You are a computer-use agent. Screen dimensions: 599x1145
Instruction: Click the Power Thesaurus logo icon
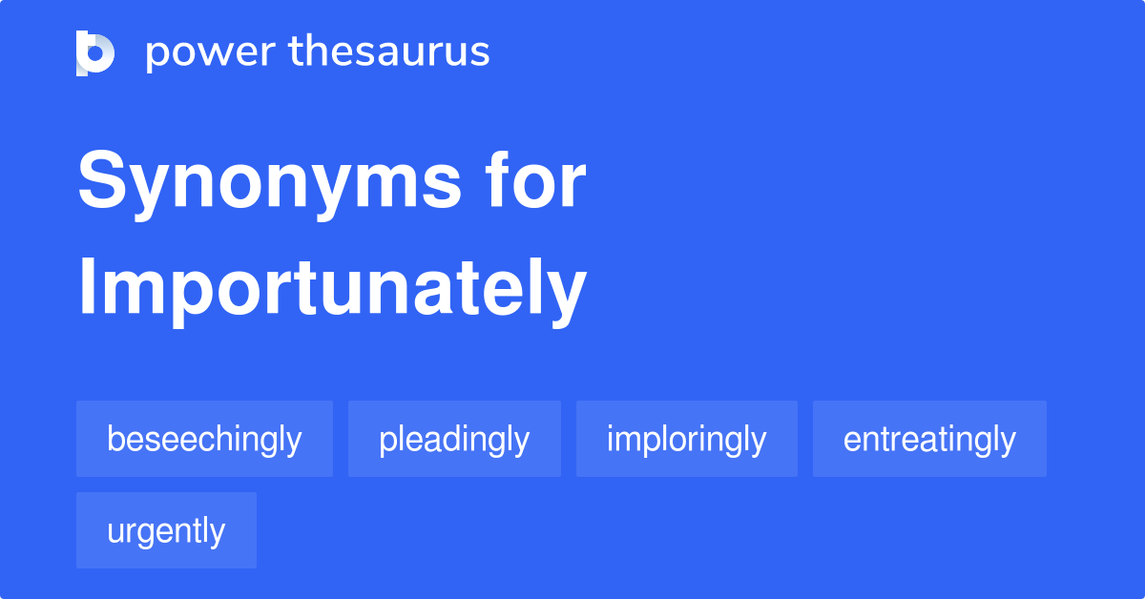pyautogui.click(x=94, y=52)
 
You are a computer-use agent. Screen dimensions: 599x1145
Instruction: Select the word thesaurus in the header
pyautogui.click(x=390, y=52)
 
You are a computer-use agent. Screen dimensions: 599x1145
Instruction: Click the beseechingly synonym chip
pyautogui.click(x=204, y=440)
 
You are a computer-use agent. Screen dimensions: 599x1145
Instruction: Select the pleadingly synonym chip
pyautogui.click(x=454, y=440)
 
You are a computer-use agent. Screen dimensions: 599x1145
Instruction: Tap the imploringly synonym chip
pyautogui.click(x=686, y=440)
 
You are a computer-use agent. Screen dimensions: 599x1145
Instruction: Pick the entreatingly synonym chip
pyautogui.click(x=929, y=440)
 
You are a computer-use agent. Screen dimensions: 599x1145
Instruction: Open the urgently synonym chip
pyautogui.click(x=166, y=531)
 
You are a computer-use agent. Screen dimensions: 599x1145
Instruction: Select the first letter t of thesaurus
pyautogui.click(x=296, y=52)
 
